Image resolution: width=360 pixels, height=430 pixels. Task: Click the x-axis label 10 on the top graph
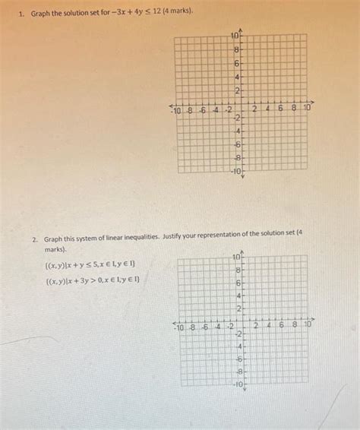[307, 109]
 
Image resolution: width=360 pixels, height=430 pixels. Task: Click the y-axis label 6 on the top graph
[236, 64]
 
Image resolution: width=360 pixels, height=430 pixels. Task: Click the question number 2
[35, 238]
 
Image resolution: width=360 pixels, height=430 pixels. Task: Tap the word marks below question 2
[55, 248]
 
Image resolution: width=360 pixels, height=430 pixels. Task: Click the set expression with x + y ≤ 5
[90, 264]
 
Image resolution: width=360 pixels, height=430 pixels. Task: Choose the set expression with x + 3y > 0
[92, 280]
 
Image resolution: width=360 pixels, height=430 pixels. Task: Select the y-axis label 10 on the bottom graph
[236, 258]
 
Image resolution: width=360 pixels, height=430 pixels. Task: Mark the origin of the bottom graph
[244, 319]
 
